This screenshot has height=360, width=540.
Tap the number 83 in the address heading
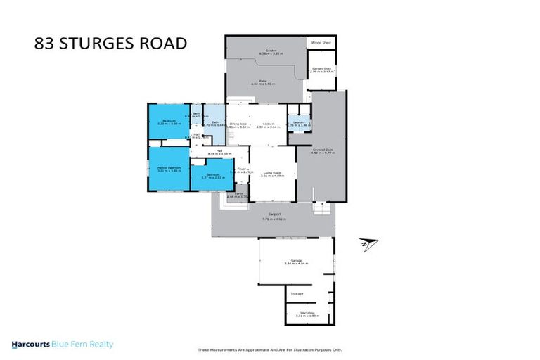[x=46, y=44]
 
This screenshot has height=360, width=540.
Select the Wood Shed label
[x=321, y=42]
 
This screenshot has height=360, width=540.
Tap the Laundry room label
[x=300, y=122]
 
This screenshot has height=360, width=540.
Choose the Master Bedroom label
[x=169, y=167]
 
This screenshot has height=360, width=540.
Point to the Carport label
[x=274, y=214]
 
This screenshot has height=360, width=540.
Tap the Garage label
[x=296, y=261]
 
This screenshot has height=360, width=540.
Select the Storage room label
[x=297, y=293]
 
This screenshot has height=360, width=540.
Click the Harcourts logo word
[x=30, y=345]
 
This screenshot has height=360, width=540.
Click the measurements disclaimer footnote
[x=269, y=350]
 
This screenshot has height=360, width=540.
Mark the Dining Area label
[x=239, y=124]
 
